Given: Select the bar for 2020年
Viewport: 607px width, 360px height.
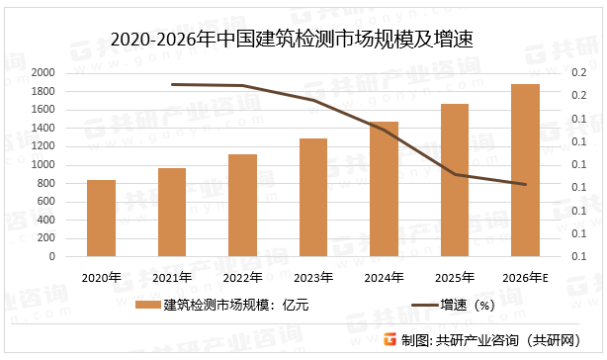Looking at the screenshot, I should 101,219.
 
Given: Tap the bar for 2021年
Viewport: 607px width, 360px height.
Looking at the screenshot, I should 172,213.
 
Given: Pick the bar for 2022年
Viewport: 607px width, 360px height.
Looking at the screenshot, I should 242,206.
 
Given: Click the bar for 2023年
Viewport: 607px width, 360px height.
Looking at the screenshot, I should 313,198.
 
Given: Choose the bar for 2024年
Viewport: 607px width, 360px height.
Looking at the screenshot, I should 384,189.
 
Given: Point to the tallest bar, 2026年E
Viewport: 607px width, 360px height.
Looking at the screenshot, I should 525,170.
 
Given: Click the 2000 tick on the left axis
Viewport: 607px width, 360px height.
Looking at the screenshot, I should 42,73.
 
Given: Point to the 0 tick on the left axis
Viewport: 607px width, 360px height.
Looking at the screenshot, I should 52,257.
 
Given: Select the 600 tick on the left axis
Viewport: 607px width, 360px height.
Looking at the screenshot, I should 45,202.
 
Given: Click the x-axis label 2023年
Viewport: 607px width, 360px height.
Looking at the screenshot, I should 313,276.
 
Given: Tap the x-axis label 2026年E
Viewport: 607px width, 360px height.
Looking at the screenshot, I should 525,276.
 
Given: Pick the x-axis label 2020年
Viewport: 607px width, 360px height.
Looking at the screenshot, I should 101,276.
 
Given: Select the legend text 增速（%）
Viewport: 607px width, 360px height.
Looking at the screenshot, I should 459,306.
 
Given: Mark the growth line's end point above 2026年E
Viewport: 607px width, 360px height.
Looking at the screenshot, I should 525,184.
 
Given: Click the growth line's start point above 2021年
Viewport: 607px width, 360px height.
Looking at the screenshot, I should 172,85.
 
